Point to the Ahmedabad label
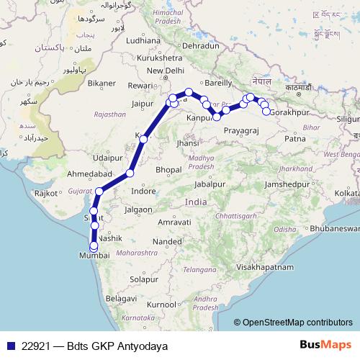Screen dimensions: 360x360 click(89, 174)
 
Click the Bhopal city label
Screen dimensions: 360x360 click(168, 169)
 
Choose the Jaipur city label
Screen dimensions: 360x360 click(145, 103)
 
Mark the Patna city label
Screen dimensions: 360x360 click(295, 138)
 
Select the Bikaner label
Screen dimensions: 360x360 click(102, 83)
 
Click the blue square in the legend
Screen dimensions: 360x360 click(11, 345)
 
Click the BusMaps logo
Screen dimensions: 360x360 click(325, 344)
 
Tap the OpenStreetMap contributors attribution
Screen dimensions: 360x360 click(297, 322)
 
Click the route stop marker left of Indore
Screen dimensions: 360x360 click(130, 173)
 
